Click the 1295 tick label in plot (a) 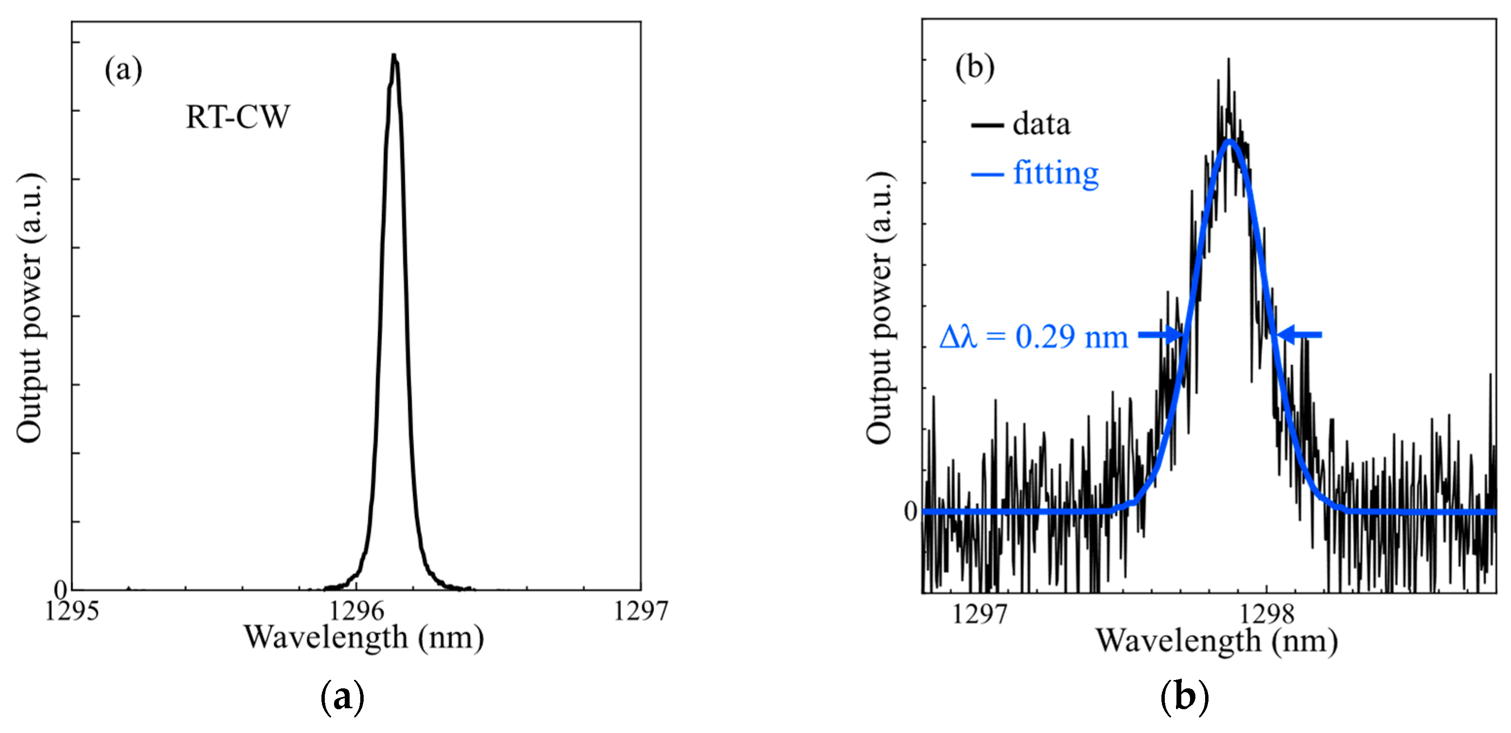pyautogui.click(x=71, y=612)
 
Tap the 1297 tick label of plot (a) pyautogui.click(x=640, y=612)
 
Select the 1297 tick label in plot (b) pyautogui.click(x=979, y=615)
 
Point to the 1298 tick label pyautogui.click(x=1266, y=615)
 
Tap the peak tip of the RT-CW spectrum pyautogui.click(x=394, y=56)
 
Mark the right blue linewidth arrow pyautogui.click(x=1299, y=335)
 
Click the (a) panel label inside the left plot pyautogui.click(x=123, y=70)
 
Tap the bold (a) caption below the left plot pyautogui.click(x=343, y=697)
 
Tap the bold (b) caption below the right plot pyautogui.click(x=1185, y=697)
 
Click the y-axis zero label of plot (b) pyautogui.click(x=910, y=512)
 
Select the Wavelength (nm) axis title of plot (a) pyautogui.click(x=364, y=637)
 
